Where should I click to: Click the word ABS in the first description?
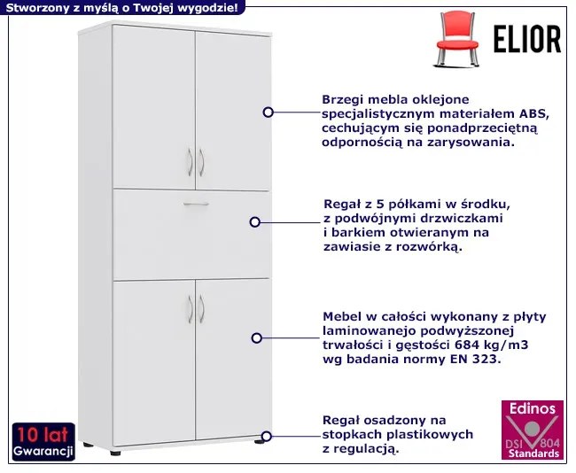click(532, 114)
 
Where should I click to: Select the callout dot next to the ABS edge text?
click(268, 112)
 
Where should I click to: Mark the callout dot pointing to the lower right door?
click(257, 337)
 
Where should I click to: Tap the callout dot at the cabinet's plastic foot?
click(267, 436)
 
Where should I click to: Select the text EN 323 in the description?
click(478, 360)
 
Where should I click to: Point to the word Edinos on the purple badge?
click(532, 409)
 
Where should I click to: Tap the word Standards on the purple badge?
click(532, 453)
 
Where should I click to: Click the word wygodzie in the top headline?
click(206, 8)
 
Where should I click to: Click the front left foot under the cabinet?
click(116, 451)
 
